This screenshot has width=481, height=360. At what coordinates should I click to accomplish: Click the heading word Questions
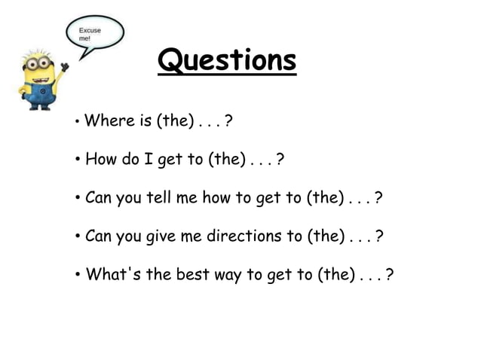coord(227,61)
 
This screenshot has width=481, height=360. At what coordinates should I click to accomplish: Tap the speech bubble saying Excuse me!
coord(93,35)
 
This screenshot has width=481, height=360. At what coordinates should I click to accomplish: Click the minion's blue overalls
coord(42,92)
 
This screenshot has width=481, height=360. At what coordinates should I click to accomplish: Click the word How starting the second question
coord(100,159)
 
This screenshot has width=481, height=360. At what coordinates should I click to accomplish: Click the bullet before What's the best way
coord(78,276)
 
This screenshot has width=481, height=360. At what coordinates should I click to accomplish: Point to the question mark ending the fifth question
coord(389,275)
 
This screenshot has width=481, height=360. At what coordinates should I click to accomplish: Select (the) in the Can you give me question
coord(325,236)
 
